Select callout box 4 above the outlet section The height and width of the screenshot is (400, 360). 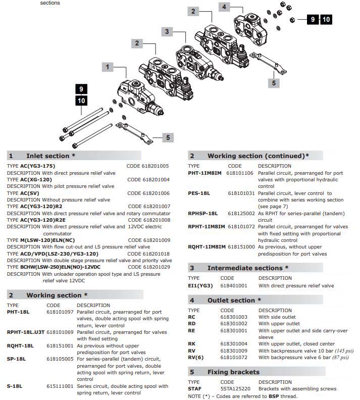225,7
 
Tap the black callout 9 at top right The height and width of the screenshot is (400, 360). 313,20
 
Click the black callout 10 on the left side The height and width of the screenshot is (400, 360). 81,101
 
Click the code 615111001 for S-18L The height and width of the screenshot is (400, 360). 60,386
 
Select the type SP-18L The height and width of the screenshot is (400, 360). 17,359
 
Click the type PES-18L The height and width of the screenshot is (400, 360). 199,193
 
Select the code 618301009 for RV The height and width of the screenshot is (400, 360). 234,351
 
